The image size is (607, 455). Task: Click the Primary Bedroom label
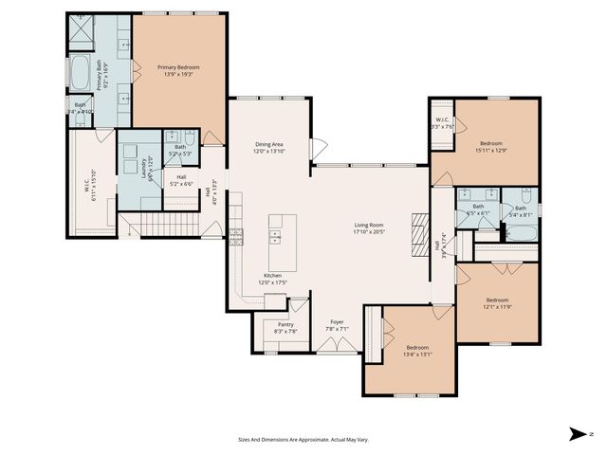tap(178, 71)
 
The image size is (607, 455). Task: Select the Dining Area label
tap(268, 148)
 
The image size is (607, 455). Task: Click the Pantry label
tap(285, 328)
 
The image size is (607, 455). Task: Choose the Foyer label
tap(336, 325)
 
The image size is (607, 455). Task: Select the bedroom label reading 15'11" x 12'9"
tap(491, 146)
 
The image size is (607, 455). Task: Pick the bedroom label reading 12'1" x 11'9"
tap(498, 303)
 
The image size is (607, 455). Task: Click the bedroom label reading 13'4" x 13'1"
tap(418, 351)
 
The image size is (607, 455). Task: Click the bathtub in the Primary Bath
tap(79, 71)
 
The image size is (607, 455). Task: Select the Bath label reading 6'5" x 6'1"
tap(478, 209)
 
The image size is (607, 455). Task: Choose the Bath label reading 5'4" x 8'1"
tap(521, 211)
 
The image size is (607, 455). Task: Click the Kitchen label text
tap(270, 279)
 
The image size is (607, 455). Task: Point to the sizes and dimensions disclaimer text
tap(303, 439)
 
